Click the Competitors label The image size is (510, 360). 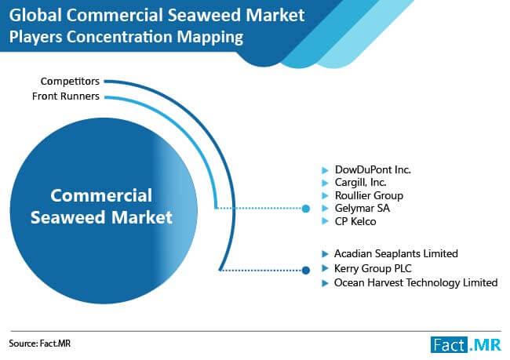point(70,82)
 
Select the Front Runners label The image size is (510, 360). point(66,96)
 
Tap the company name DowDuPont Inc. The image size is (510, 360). point(373,169)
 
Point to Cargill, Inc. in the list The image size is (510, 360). point(361,183)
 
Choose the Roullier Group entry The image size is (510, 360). point(370,195)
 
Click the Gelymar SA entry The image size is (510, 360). point(362,208)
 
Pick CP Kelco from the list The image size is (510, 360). point(355,221)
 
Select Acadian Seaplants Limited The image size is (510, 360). point(396,253)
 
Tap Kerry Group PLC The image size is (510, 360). point(373,268)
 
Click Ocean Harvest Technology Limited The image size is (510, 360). point(416,282)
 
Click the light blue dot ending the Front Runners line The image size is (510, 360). point(306,209)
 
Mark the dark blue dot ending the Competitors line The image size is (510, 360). point(306,271)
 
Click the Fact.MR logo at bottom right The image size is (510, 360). point(466,345)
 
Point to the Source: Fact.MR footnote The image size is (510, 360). point(40,344)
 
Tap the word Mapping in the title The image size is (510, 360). point(210,37)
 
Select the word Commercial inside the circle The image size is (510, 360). point(101,195)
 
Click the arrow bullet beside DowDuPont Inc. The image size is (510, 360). point(325,170)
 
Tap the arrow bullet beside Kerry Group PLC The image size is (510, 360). point(325,268)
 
